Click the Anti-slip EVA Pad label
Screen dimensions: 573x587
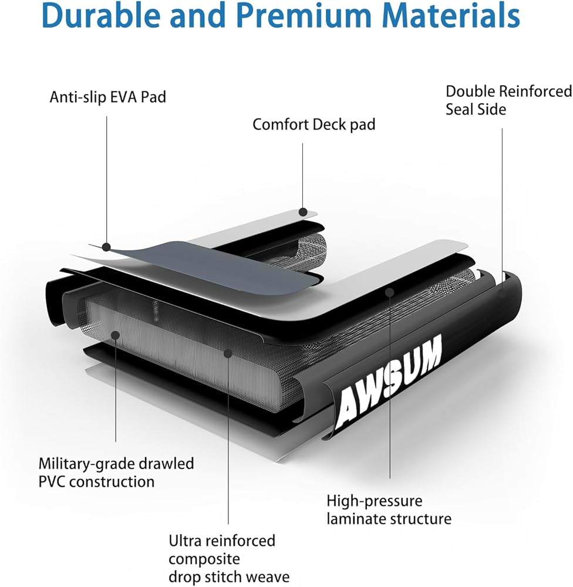(x=108, y=97)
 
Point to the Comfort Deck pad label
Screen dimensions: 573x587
(x=314, y=124)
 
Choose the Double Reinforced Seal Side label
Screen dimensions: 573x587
(x=508, y=100)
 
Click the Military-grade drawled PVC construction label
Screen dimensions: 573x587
(x=116, y=473)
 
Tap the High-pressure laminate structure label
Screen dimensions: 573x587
(x=389, y=510)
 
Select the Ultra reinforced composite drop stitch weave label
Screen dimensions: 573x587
(x=229, y=558)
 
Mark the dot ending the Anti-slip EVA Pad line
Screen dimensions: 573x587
(x=107, y=247)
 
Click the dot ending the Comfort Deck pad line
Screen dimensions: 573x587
(x=303, y=212)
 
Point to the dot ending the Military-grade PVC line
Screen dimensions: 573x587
(x=116, y=335)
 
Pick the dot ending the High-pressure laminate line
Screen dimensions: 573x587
(x=389, y=291)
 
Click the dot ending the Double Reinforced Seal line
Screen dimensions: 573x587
(x=503, y=275)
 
